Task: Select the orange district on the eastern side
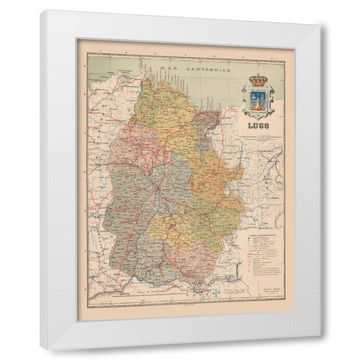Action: pos(217,180)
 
